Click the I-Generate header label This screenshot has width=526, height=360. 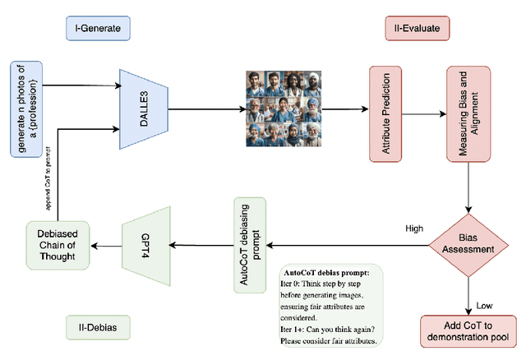coord(97,29)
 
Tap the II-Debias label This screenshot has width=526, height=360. coord(91,329)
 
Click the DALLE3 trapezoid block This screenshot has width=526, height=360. coord(144,108)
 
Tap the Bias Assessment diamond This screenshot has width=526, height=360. coord(468,244)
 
